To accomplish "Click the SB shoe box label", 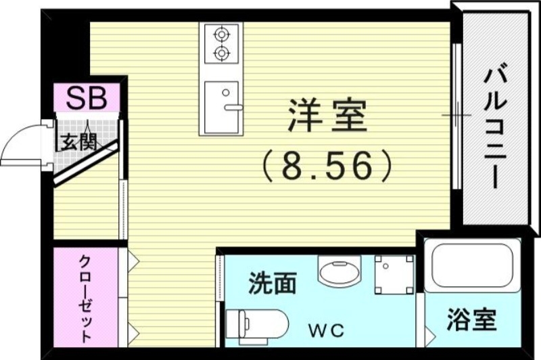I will (87, 99).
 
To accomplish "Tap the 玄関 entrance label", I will (76, 143).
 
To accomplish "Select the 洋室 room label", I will (327, 116).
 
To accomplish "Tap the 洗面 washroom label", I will (272, 282).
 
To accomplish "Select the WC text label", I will (327, 331).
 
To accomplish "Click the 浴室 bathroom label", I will (471, 319).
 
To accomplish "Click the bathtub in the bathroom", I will (475, 267).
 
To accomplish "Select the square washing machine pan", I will (394, 274).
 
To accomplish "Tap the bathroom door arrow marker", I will (429, 332).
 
